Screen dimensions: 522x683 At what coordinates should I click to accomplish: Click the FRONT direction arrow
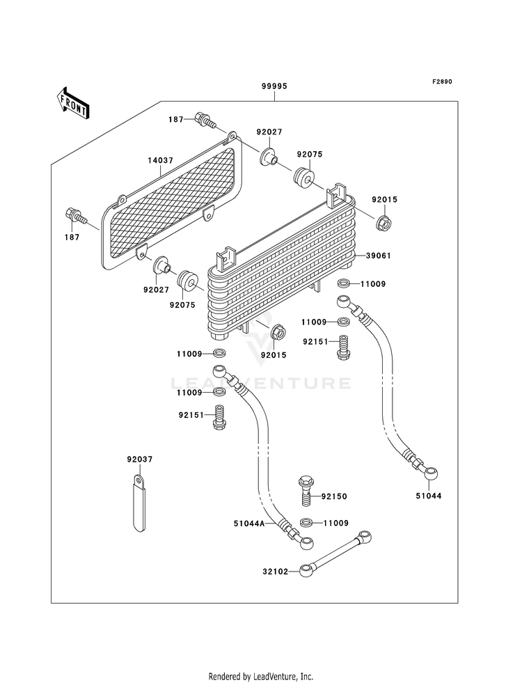click(x=73, y=103)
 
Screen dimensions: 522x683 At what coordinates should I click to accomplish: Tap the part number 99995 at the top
click(x=274, y=86)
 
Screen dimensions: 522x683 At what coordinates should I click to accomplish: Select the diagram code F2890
click(x=442, y=81)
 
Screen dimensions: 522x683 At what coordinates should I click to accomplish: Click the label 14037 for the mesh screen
click(x=160, y=160)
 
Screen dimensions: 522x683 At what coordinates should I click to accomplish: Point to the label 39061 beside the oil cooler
click(x=378, y=256)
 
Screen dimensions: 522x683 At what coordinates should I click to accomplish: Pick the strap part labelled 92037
click(x=139, y=504)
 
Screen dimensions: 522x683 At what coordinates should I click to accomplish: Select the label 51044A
click(x=249, y=524)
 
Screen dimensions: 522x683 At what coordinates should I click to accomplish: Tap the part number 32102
click(x=275, y=572)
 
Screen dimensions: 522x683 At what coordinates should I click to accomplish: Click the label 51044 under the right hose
click(x=428, y=496)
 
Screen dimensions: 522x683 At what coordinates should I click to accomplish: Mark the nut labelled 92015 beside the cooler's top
click(x=384, y=223)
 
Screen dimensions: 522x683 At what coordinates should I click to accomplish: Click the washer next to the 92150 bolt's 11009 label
click(x=306, y=522)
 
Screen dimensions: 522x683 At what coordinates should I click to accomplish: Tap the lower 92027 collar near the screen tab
click(x=161, y=265)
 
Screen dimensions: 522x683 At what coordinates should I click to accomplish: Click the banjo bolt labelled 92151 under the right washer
click(x=344, y=347)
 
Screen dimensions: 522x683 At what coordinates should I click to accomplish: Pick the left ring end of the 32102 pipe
click(x=306, y=570)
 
